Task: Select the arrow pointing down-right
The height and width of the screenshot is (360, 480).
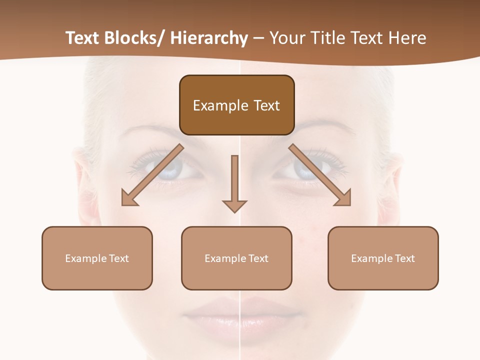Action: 320,175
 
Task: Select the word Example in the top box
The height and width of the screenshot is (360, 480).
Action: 220,105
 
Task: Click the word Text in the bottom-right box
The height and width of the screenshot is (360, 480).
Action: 403,258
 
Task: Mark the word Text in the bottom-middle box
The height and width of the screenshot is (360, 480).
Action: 257,258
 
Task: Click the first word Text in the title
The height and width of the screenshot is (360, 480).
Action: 82,38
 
